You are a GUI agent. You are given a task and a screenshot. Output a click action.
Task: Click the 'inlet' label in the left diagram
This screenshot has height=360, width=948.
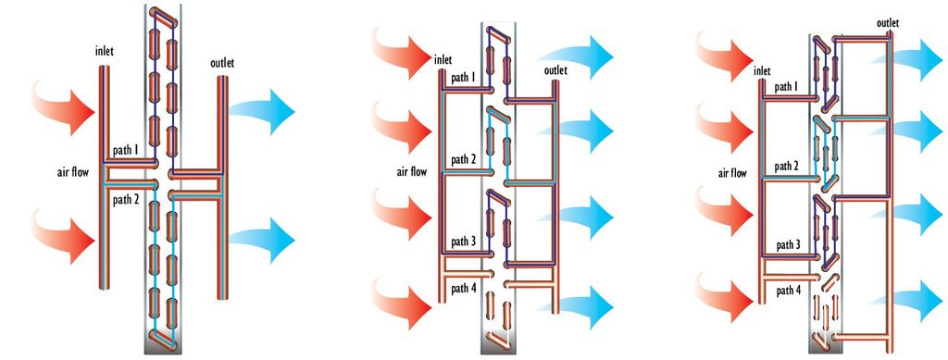coord(104,52)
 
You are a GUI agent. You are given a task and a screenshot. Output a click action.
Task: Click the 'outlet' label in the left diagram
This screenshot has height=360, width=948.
coord(222,63)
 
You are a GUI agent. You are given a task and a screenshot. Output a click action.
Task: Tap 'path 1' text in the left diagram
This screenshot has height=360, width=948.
coord(126,150)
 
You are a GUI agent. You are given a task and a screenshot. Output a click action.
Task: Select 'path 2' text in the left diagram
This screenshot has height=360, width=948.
coord(126,199)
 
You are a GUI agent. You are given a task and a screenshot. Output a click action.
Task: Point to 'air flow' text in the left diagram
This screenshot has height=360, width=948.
coord(73,173)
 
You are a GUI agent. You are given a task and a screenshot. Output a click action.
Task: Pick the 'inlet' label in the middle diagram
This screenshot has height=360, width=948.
coord(443,59)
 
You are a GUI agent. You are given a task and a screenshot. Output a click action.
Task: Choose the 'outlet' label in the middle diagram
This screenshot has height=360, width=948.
coord(555,70)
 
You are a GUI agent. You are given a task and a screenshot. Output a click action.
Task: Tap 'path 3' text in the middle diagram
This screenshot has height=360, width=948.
coord(465,242)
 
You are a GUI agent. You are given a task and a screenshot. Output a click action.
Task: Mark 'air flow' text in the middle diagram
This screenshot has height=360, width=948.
coord(412,171)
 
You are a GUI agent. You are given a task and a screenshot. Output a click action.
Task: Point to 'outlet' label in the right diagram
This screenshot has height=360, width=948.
coord(887,23)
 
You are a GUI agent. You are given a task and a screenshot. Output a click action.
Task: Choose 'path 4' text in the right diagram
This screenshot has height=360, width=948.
coord(790,291)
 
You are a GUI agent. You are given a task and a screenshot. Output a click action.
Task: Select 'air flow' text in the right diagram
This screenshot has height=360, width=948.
coord(732,173)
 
